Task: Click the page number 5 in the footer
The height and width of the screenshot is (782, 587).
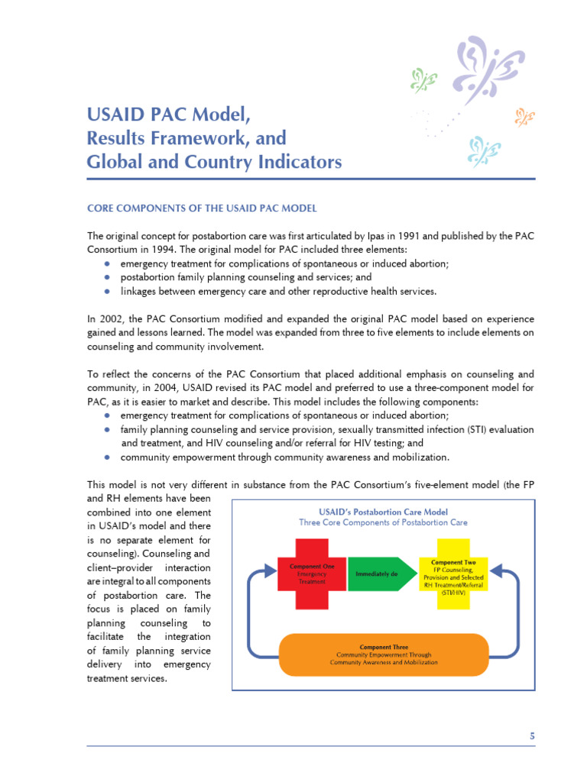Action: [532, 735]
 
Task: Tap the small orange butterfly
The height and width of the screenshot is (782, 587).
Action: [524, 117]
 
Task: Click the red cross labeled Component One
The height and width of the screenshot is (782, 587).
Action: [306, 574]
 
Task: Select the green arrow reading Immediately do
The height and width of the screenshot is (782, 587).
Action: [377, 574]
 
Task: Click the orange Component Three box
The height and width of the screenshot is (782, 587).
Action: [384, 655]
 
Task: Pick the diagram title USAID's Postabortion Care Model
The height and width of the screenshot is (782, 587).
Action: [383, 512]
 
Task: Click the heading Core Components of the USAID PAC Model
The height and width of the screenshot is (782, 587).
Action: [202, 208]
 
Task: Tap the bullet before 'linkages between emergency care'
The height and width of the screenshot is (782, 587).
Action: [109, 291]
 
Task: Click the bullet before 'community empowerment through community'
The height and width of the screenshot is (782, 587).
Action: [109, 457]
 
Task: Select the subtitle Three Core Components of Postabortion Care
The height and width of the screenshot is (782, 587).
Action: [383, 523]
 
